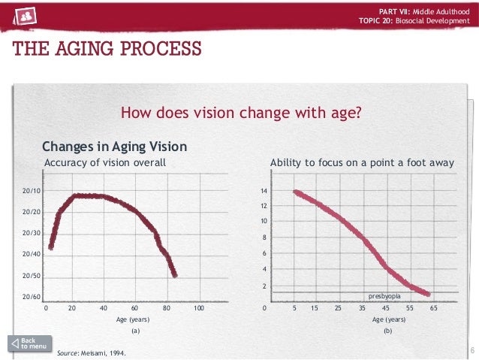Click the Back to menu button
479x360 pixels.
[x=30, y=343]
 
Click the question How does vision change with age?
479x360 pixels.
[x=242, y=113]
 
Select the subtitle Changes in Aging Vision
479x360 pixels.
[x=114, y=147]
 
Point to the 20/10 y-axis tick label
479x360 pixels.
[x=32, y=191]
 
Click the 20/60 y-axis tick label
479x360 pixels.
[x=32, y=298]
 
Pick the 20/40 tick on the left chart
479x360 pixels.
[x=32, y=255]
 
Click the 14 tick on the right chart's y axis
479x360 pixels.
[x=264, y=192]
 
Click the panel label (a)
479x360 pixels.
[x=135, y=330]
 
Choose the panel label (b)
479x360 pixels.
[x=387, y=330]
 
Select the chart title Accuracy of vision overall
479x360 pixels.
[x=105, y=162]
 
